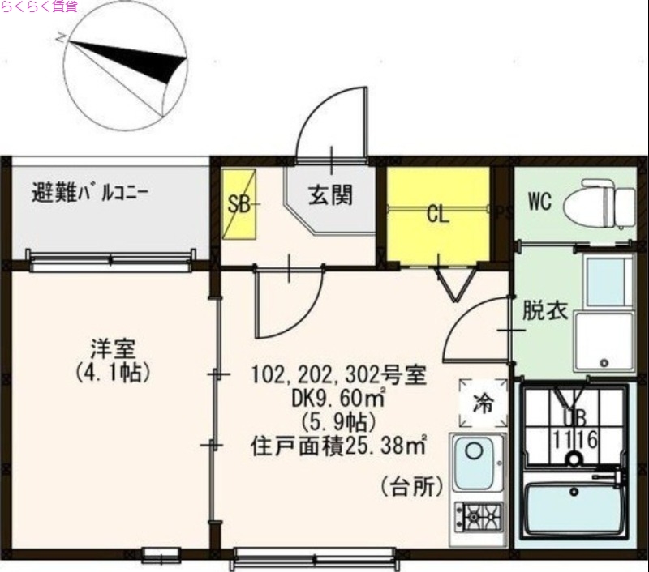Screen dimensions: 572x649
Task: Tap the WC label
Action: coord(540,200)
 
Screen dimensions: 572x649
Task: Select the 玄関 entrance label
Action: coord(329,194)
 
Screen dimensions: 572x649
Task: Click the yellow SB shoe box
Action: coord(239,204)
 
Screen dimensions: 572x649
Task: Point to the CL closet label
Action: coord(438,216)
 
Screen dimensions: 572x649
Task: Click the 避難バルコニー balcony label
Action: coord(89,194)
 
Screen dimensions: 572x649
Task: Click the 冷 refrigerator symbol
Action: coord(483,403)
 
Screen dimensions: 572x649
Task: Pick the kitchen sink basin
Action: coord(479,461)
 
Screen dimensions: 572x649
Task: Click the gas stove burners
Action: coord(479,513)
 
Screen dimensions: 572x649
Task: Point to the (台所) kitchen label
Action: coord(411,487)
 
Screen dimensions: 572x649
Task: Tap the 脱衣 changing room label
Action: coord(544,312)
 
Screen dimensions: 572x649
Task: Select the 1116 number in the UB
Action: coord(575,440)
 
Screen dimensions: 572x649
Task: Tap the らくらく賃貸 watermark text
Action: coord(40,7)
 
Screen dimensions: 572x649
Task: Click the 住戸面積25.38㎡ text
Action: coord(339,445)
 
